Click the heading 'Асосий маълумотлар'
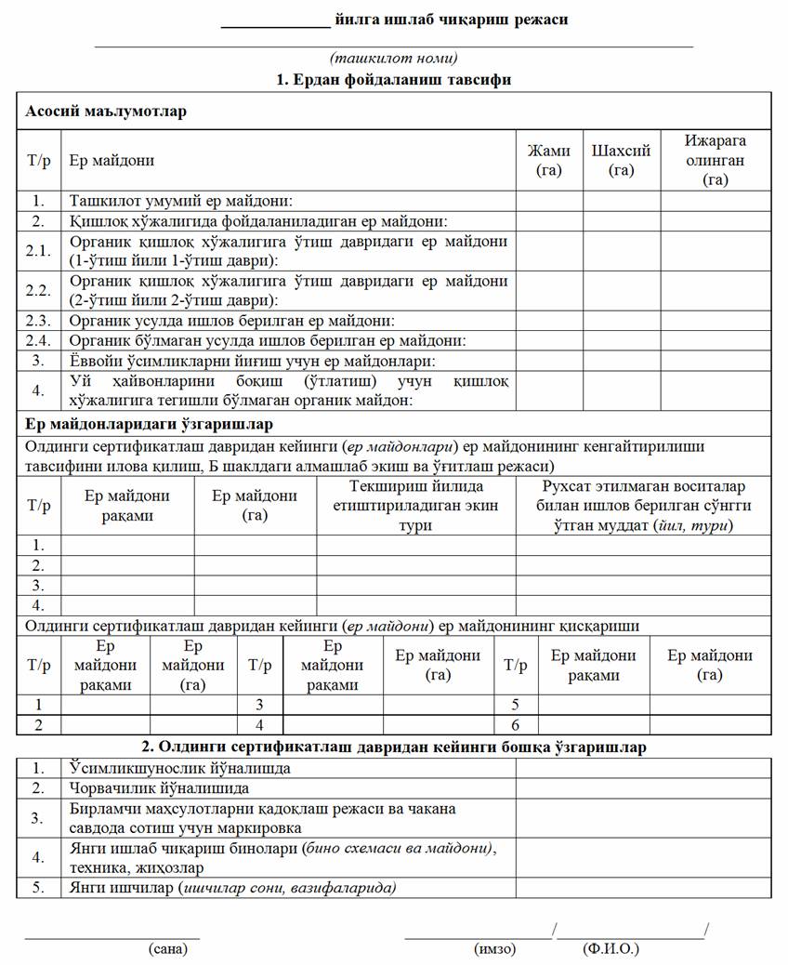106,112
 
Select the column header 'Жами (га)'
549,160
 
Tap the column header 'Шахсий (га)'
621,160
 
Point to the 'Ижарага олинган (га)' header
716,160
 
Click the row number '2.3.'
38,321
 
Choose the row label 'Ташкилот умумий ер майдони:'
181,200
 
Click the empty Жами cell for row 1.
549,200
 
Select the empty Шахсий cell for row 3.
621,360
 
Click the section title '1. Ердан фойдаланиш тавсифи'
394,80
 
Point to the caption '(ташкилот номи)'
394,59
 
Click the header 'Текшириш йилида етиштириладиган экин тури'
416,505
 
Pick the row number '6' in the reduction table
516,724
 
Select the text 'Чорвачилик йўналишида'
160,788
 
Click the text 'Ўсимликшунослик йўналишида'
180,768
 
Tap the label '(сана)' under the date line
167,949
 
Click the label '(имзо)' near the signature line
494,949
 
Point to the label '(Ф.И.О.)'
611,949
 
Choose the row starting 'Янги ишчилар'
233,888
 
